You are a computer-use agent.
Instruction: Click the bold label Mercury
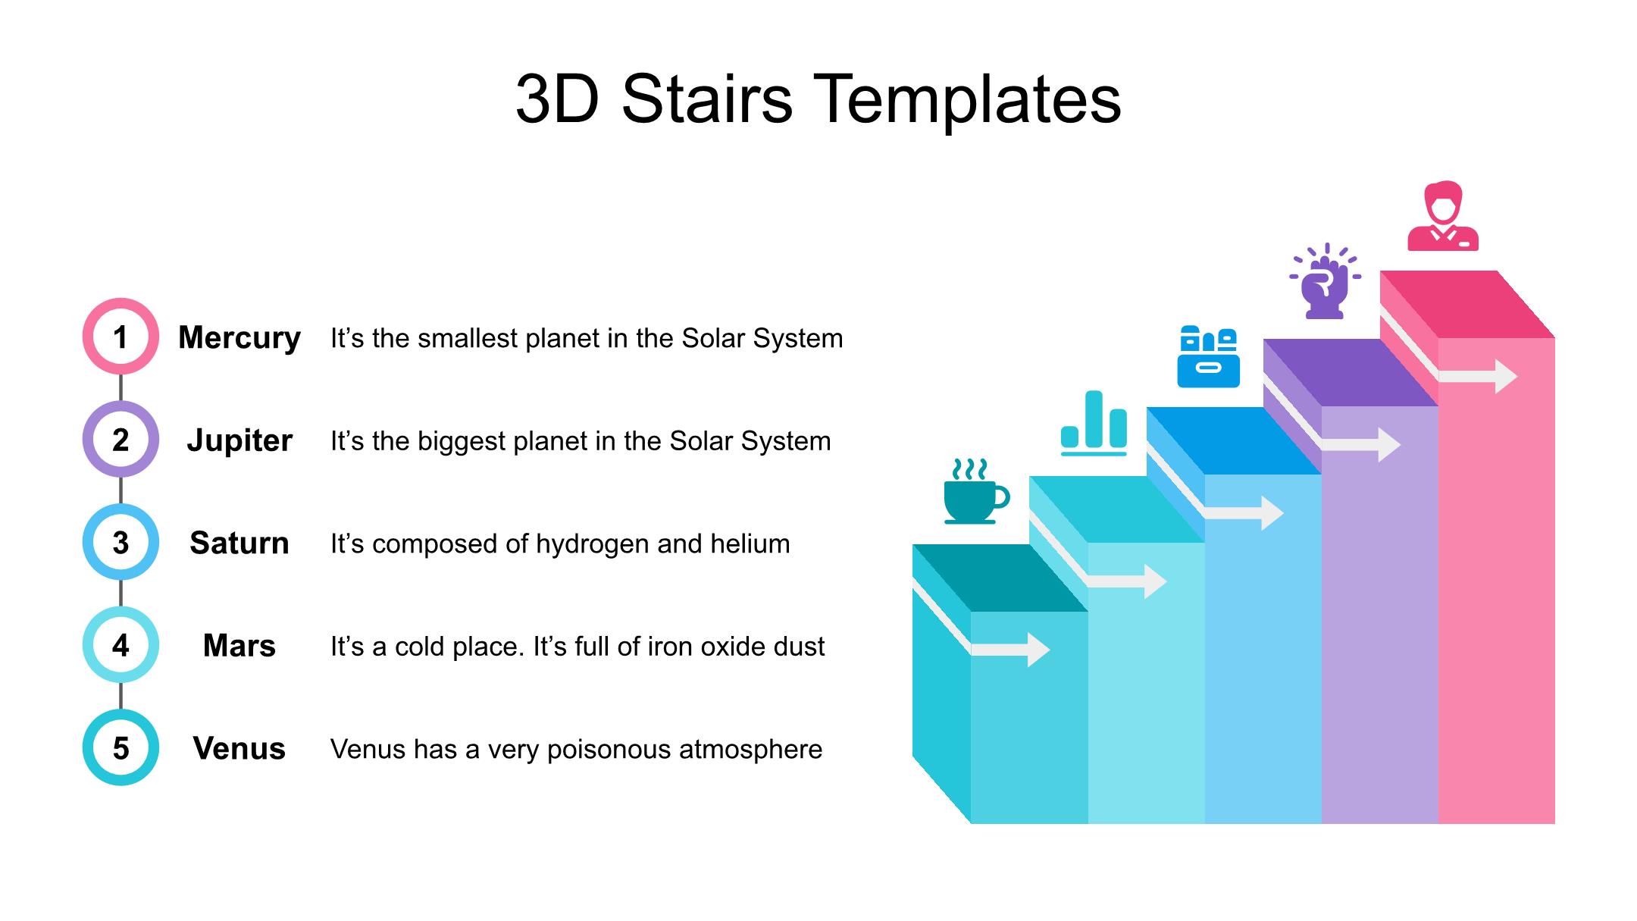coord(239,338)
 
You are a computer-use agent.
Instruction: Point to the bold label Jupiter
coord(239,440)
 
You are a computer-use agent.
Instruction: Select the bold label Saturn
coord(239,543)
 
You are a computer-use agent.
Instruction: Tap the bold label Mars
coord(239,646)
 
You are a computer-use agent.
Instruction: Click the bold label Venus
coord(239,748)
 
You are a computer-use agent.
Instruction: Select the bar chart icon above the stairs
coord(1094,422)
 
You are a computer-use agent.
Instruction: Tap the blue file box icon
coord(1208,356)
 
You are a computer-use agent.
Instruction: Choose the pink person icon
coord(1443,216)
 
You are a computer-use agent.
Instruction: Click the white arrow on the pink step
coord(1478,377)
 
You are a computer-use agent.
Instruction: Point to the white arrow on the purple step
coord(1361,445)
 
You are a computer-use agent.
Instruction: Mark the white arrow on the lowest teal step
coord(1010,650)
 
